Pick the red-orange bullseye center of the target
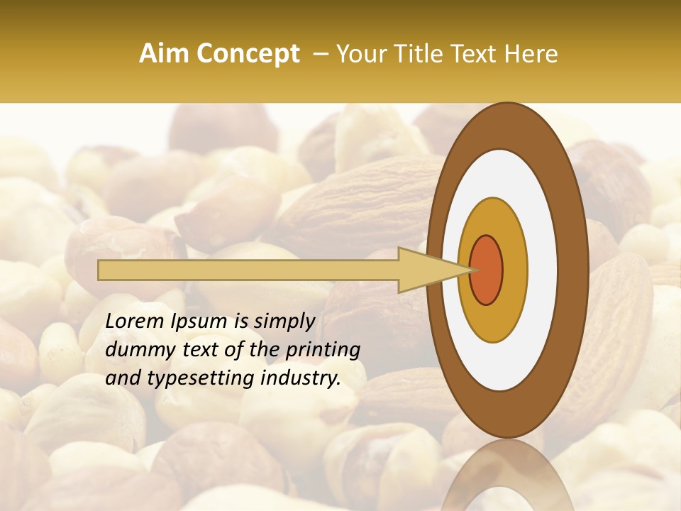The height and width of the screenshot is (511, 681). pos(487,270)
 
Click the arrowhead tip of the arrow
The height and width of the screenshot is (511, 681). pos(471,270)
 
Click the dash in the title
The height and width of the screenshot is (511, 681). pos(321,54)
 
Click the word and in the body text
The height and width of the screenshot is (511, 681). pos(121,378)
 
